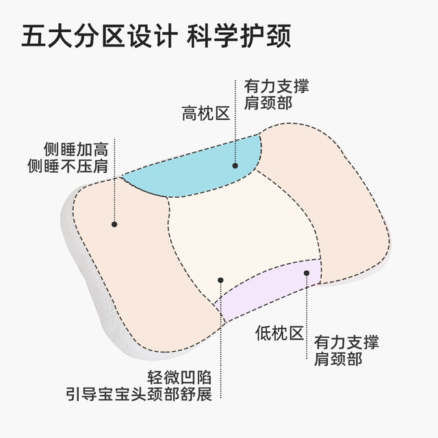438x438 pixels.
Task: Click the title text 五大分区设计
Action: click(100, 36)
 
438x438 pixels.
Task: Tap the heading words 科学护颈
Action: click(239, 36)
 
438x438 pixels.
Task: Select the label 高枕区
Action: click(206, 114)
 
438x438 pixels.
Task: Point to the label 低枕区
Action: click(279, 333)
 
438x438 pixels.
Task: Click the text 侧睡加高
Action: click(76, 149)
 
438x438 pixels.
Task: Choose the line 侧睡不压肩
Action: click(68, 166)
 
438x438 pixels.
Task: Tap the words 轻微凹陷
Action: click(179, 378)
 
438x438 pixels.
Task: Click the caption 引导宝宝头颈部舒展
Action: click(139, 394)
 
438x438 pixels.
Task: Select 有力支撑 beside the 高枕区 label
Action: click(276, 86)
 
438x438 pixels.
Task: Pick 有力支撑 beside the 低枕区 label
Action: click(346, 342)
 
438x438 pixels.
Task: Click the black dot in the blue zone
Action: click(235, 166)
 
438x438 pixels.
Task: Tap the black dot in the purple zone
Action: click(307, 273)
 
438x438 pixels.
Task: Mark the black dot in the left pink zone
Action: click(114, 224)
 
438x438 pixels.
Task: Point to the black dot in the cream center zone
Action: click(220, 280)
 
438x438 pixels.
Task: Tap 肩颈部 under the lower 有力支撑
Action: click(338, 359)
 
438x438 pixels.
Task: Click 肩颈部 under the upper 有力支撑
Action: click(268, 103)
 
